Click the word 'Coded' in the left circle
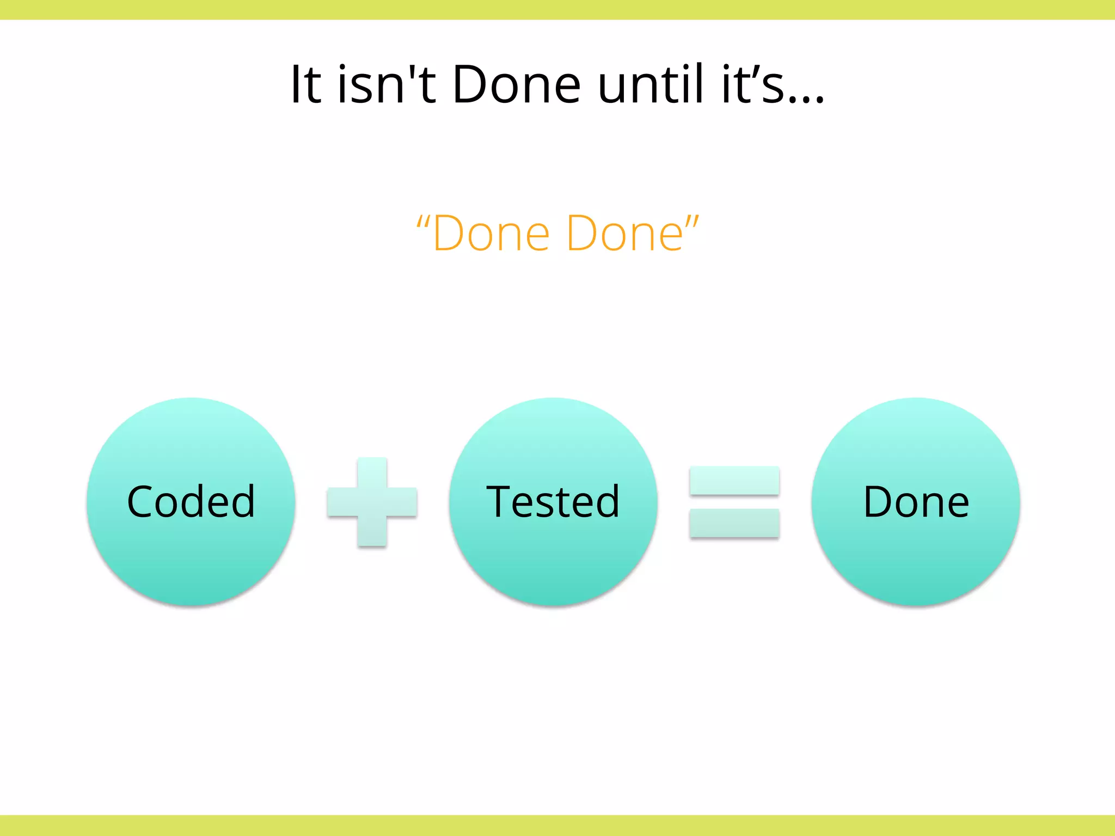(191, 501)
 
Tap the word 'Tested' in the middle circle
(553, 501)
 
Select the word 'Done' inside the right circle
(916, 501)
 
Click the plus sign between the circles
(372, 502)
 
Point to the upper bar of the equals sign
(734, 480)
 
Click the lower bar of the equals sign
(734, 522)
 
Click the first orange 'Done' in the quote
(491, 234)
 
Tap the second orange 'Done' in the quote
(624, 234)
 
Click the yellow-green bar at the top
(557, 10)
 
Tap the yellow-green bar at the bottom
(557, 825)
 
